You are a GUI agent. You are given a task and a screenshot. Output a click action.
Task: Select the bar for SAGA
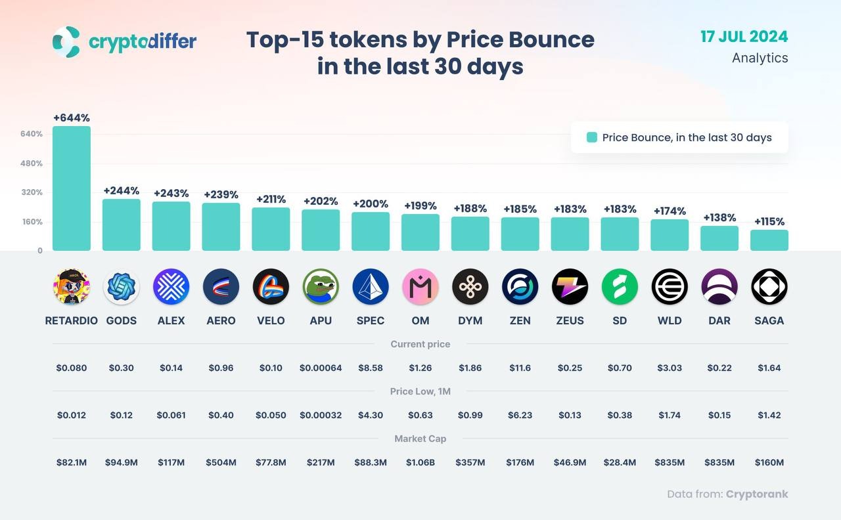coord(769,240)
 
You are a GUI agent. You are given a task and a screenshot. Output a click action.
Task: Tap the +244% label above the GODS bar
coord(122,191)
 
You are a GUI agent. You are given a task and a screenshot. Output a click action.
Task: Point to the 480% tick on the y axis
coord(31,163)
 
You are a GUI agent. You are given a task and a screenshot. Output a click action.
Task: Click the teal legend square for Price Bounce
coord(592,138)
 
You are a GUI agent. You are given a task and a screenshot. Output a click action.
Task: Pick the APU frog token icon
coord(321,287)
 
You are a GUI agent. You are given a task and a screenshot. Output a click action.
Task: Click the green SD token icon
coord(620,287)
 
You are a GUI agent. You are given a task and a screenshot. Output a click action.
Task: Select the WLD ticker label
coord(670,321)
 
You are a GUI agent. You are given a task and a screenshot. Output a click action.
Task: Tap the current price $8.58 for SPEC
coord(371,368)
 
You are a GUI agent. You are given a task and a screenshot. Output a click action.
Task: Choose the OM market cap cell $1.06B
coord(420,463)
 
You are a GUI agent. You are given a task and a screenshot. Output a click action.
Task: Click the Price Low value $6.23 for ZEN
coord(520,416)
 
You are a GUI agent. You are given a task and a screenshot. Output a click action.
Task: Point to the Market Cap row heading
coord(420,439)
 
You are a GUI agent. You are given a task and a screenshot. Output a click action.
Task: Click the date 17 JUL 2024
coord(744,36)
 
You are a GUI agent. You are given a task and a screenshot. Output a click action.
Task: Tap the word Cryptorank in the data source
coord(757,494)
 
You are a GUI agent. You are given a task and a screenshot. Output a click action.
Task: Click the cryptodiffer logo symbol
coord(66,42)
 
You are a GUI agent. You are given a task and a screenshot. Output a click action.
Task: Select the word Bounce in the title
coord(520,39)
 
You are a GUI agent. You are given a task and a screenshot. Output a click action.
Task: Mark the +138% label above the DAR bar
coord(719,218)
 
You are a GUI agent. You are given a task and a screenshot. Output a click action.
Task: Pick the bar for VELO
coord(271,229)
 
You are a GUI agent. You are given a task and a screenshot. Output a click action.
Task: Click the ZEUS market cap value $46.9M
coord(570,463)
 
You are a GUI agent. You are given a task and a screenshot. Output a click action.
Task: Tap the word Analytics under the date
coord(760,58)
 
